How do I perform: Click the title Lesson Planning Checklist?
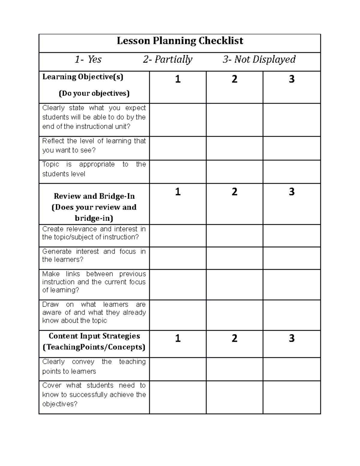coord(180,41)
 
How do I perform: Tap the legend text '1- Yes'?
coord(88,59)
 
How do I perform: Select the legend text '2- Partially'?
coord(167,59)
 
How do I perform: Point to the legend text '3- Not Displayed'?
coord(259,59)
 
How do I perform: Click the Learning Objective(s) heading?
coord(83,77)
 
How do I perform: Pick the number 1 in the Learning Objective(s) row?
coord(178,79)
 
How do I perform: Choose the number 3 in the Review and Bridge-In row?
coord(292,192)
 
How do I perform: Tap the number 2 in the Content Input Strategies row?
coord(235,338)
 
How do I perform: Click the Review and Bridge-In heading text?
coord(94,196)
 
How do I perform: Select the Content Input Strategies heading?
coord(94,336)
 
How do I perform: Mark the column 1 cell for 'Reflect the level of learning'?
coord(178,148)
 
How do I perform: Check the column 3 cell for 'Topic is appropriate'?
coord(292,172)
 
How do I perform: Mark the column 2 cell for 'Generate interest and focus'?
coord(235,258)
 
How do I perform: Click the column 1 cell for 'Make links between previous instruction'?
coord(178,284)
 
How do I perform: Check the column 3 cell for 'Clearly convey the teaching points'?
coord(292,369)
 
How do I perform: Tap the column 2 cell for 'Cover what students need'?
coord(235,397)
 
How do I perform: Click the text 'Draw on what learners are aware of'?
coord(94,312)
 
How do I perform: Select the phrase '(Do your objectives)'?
coord(94,93)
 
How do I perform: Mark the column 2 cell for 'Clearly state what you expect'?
coord(235,120)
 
